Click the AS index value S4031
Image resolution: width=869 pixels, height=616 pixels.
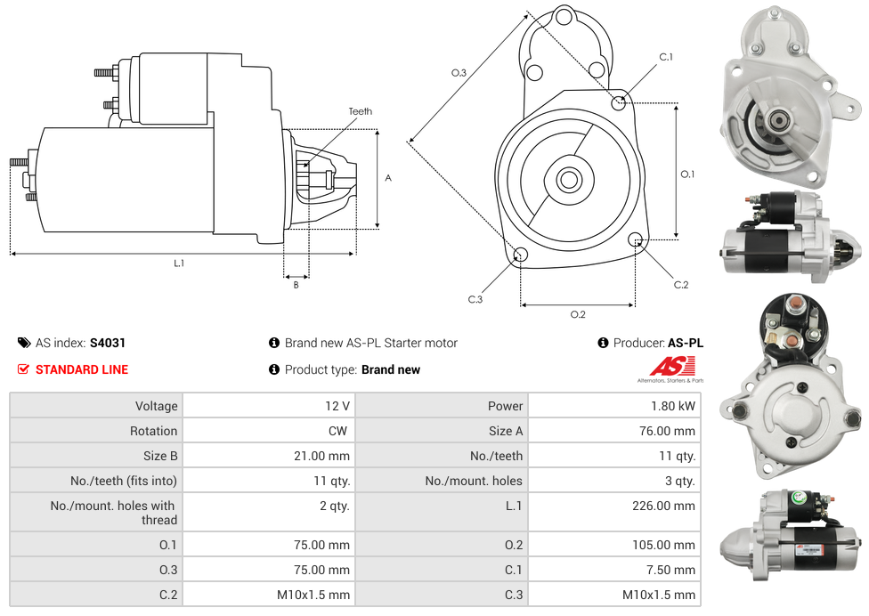tap(108, 343)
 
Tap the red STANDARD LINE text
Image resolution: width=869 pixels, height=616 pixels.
tap(82, 369)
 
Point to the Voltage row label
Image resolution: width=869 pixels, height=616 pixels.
tap(156, 406)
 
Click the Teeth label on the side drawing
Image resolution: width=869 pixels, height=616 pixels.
tap(361, 111)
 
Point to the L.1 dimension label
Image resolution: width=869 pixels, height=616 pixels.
tap(179, 263)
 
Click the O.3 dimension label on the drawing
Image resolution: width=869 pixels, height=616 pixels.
tap(459, 73)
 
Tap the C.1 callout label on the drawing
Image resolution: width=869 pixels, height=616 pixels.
tap(666, 58)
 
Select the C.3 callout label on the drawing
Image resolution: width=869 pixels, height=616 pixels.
tap(475, 300)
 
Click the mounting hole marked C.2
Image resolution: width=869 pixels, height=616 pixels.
tap(636, 239)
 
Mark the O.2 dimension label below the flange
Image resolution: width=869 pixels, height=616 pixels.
tap(578, 314)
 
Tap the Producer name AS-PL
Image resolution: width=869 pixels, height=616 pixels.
tap(686, 343)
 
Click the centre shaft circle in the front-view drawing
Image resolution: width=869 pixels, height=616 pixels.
tap(569, 180)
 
